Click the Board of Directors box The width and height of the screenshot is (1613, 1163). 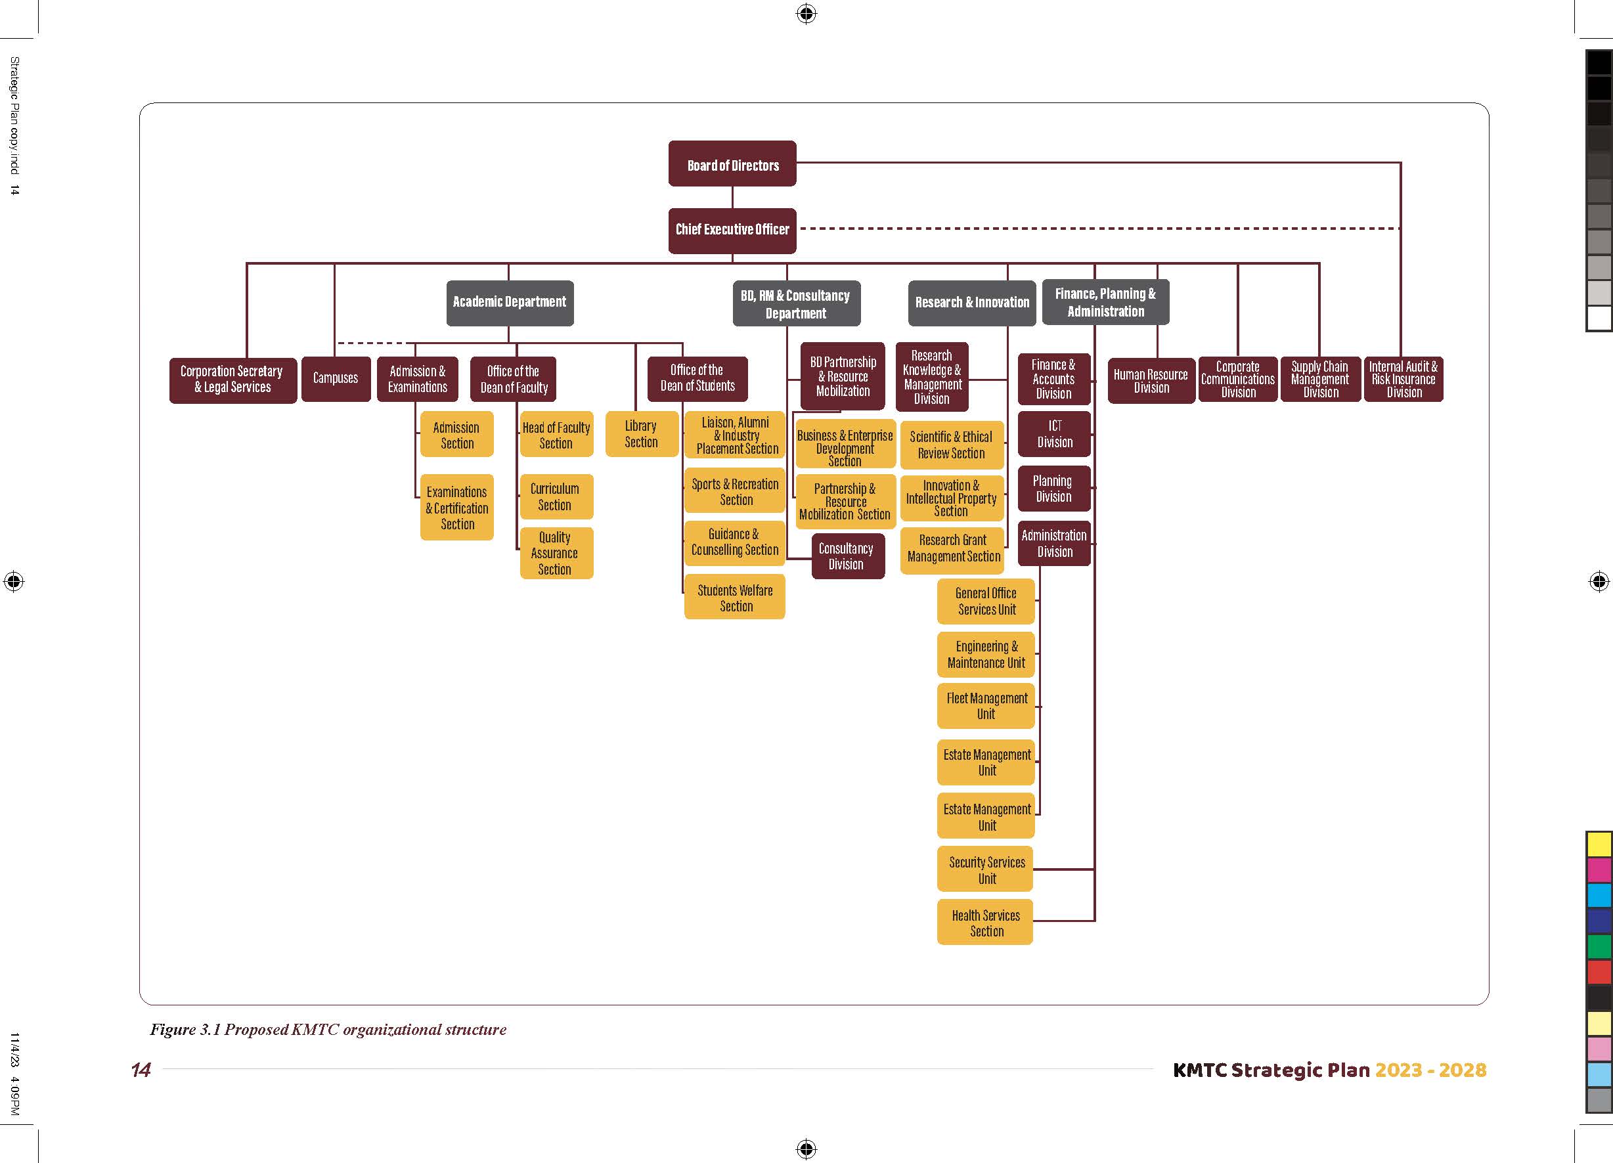(x=732, y=164)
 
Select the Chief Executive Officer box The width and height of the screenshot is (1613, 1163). (x=732, y=230)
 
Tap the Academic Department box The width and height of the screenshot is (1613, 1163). (x=509, y=302)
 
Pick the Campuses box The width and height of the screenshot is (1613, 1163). (x=336, y=378)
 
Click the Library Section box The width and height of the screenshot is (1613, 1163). (x=641, y=434)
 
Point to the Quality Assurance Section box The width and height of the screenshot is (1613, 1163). (x=556, y=554)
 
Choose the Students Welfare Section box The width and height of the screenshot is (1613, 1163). (x=735, y=598)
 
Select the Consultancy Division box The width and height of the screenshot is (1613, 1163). (x=847, y=556)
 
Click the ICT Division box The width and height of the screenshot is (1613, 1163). (x=1054, y=434)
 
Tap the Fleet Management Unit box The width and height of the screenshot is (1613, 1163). (x=986, y=706)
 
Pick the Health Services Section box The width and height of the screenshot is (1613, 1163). (x=985, y=923)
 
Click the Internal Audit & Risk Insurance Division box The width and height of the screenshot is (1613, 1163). (x=1403, y=379)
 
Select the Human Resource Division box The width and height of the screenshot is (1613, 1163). (x=1151, y=381)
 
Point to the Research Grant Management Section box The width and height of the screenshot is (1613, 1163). (x=953, y=549)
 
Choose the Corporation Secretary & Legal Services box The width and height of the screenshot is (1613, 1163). (x=232, y=380)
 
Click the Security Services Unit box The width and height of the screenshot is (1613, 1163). (x=986, y=869)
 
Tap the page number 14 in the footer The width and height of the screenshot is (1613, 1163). (x=141, y=1070)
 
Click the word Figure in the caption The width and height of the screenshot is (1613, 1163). (x=172, y=1029)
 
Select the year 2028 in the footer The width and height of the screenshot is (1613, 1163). (x=1461, y=1070)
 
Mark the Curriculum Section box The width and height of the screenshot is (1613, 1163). (x=556, y=496)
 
